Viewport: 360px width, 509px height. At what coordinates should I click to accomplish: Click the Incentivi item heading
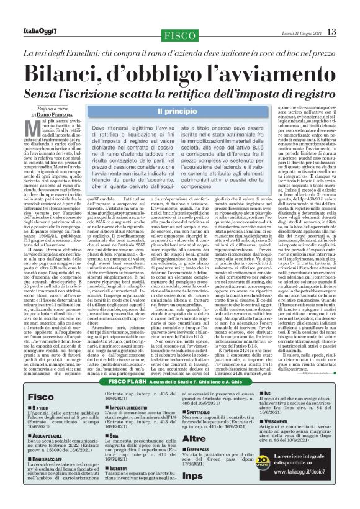121,467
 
